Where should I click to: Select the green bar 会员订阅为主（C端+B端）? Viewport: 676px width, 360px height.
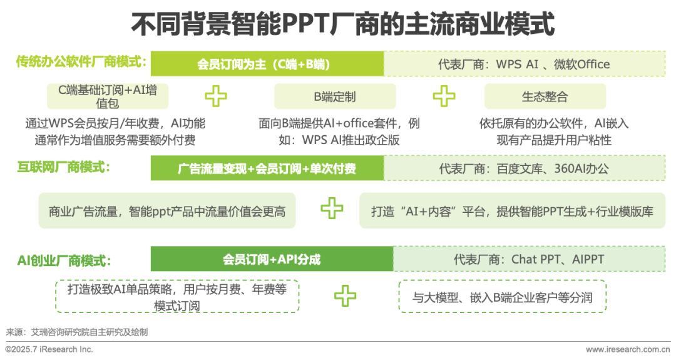click(267, 64)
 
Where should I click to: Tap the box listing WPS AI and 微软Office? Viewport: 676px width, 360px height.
click(524, 64)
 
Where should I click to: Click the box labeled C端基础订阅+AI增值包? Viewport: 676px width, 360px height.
click(107, 96)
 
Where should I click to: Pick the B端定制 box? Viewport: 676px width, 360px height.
click(335, 96)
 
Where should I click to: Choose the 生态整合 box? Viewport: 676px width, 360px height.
click(545, 96)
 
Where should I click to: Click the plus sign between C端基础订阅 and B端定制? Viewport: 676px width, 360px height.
click(216, 96)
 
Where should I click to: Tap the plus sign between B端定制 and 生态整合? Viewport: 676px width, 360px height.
click(444, 96)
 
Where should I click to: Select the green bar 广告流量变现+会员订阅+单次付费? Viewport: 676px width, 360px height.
click(267, 168)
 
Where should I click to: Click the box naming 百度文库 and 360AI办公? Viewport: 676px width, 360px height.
click(524, 168)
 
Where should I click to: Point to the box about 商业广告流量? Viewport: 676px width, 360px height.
click(167, 211)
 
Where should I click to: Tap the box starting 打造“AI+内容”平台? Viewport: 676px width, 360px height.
click(512, 211)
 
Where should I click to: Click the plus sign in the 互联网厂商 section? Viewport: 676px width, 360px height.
click(332, 208)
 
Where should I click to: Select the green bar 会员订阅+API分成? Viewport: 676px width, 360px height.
click(272, 259)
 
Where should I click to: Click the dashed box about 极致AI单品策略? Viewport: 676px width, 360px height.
click(177, 296)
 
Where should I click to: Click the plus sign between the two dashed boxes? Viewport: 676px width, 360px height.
click(345, 296)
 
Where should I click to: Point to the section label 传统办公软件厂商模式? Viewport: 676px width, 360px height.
click(81, 62)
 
